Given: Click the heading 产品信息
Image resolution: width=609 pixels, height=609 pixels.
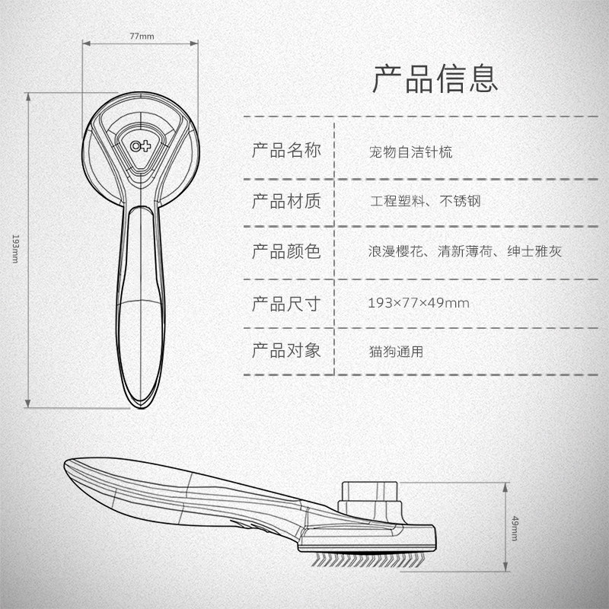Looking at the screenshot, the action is pyautogui.click(x=435, y=78).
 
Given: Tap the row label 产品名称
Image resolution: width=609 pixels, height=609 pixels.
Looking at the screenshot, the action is pyautogui.click(x=286, y=150).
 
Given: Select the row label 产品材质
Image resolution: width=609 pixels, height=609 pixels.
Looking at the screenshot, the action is pyautogui.click(x=286, y=201).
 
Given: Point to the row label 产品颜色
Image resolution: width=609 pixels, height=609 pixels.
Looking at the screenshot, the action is pyautogui.click(x=286, y=250).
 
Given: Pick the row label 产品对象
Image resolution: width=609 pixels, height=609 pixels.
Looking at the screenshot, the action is pyautogui.click(x=286, y=351).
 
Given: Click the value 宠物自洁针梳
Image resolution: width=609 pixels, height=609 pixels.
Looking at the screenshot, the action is pyautogui.click(x=410, y=151).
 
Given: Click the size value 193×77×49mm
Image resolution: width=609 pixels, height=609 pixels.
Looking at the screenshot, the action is pyautogui.click(x=418, y=303).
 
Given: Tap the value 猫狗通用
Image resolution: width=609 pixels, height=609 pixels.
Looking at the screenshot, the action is pyautogui.click(x=395, y=352).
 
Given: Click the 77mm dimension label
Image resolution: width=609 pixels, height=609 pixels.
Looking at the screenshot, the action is pyautogui.click(x=142, y=36).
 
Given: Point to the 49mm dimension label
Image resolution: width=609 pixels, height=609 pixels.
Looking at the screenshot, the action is pyautogui.click(x=515, y=528).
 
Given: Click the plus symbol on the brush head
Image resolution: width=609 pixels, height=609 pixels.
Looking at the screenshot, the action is pyautogui.click(x=146, y=145).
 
